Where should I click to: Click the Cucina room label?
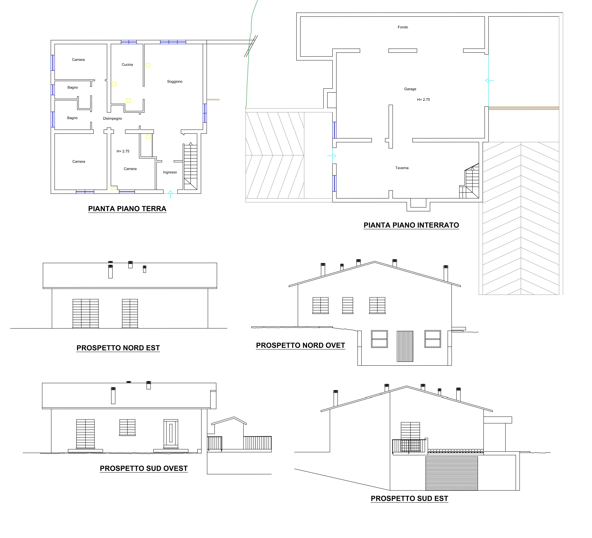[x=127, y=65]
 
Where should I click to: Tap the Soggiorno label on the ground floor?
[x=175, y=82]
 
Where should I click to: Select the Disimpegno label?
[x=112, y=119]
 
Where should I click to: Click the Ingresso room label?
[x=170, y=172]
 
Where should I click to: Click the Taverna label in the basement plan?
[x=402, y=168]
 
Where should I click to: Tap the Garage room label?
[x=410, y=89]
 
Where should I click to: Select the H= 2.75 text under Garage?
[x=423, y=99]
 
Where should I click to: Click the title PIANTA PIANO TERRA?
[x=127, y=209]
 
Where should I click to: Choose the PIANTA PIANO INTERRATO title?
[x=411, y=225]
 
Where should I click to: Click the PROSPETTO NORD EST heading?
[x=118, y=348]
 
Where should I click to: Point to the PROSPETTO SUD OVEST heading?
[x=144, y=468]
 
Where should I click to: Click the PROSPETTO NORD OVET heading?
[x=300, y=345]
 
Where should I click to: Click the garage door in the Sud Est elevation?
[x=452, y=473]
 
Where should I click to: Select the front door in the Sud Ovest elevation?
[x=171, y=434]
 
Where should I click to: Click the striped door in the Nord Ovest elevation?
[x=405, y=346]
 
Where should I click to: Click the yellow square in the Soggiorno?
[x=148, y=65]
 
